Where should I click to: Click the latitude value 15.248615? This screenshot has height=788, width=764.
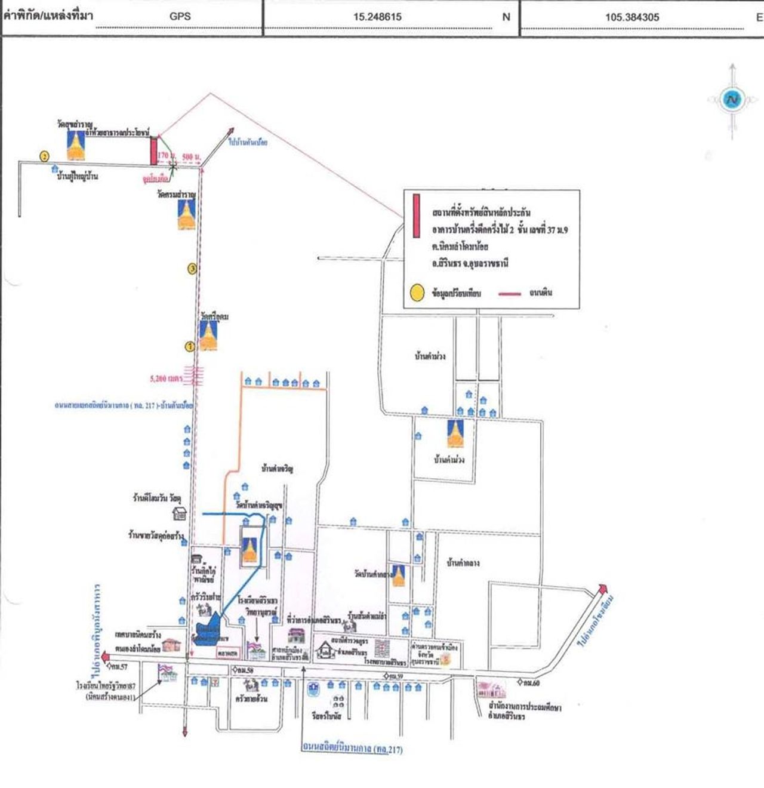(377, 17)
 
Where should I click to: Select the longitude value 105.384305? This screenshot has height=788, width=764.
(632, 17)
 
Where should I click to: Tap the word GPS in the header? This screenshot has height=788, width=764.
(180, 17)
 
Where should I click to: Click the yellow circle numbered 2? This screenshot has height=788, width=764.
(45, 156)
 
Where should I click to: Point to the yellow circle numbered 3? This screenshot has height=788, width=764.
(192, 269)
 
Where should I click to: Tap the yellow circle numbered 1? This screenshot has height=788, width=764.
(190, 346)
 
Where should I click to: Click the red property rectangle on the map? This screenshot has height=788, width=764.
(153, 150)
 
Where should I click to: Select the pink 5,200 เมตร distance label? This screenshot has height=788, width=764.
(167, 378)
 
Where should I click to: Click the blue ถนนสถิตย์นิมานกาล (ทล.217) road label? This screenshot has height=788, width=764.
(352, 747)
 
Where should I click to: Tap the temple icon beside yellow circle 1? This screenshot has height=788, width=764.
(208, 335)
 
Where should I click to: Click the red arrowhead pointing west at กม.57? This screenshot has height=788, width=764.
(105, 657)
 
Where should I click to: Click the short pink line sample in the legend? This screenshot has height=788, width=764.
(510, 293)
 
